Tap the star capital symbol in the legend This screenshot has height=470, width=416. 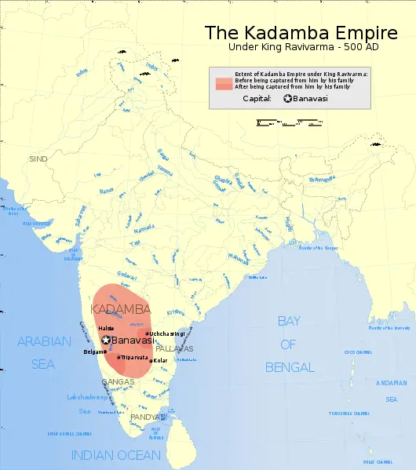point(288,98)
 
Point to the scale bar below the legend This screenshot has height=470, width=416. point(289,122)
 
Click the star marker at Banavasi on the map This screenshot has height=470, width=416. point(105,341)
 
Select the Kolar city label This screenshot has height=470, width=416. point(160,360)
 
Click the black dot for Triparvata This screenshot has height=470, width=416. point(119,358)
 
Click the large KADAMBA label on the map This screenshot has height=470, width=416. point(121,310)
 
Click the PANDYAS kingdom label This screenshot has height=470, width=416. point(148,417)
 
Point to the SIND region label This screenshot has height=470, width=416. point(38,158)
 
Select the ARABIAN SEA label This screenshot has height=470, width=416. point(45,352)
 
